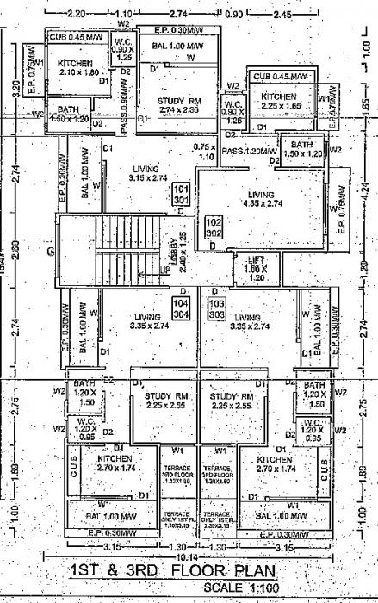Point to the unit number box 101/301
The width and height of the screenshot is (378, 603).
pos(181,193)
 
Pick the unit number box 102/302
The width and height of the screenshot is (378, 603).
pos(213,227)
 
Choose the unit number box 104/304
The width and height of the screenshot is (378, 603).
pos(181,309)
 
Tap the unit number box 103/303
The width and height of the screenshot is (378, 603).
pos(216,309)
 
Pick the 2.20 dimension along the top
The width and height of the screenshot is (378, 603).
pos(77,15)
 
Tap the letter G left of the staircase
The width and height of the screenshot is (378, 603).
pos(50,252)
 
